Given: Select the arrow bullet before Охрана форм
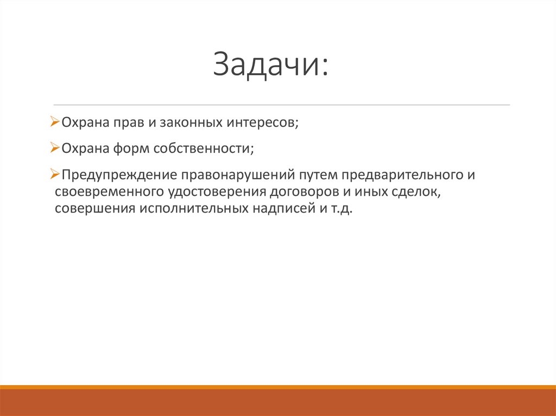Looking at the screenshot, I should tap(54, 148).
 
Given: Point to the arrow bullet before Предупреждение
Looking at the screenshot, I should tap(54, 175).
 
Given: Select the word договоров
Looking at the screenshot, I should tap(296, 193).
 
